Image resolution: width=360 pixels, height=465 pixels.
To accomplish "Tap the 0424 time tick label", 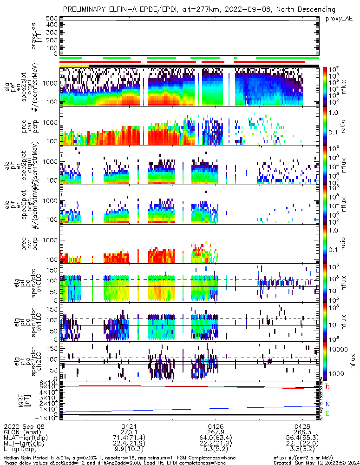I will pyautogui.click(x=129, y=426).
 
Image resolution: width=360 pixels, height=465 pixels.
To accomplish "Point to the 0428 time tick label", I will pyautogui.click(x=303, y=426).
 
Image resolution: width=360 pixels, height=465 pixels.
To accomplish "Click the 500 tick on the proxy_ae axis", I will pyautogui.click(x=51, y=19).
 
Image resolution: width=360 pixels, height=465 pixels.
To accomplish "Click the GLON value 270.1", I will pyautogui.click(x=129, y=432).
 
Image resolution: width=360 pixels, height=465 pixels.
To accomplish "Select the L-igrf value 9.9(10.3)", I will pyautogui.click(x=129, y=450).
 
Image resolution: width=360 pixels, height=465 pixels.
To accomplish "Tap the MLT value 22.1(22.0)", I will pyautogui.click(x=303, y=444).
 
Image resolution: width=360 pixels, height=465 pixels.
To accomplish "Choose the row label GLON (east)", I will pyautogui.click(x=21, y=432).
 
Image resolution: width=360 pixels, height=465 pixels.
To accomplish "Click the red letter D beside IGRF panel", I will pyautogui.click(x=327, y=387).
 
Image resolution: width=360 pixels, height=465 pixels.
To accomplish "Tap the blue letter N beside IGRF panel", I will pyautogui.click(x=327, y=405).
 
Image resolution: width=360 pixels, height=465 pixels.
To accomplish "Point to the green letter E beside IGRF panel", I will pyautogui.click(x=327, y=413).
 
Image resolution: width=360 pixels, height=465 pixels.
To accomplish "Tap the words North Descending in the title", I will pyautogui.click(x=314, y=9).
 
